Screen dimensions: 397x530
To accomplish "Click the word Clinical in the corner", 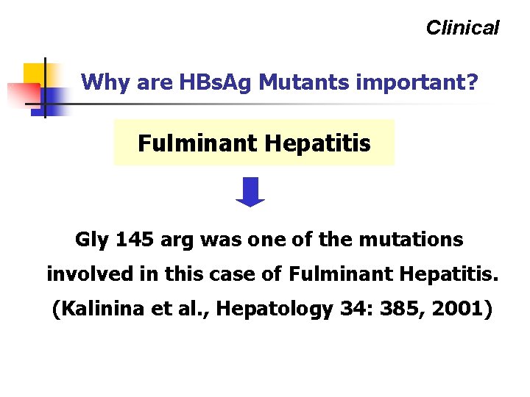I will click(x=462, y=28).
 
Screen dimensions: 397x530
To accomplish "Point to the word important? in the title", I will click(x=417, y=82).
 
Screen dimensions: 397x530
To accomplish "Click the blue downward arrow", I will click(x=250, y=192).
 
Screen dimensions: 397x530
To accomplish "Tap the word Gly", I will click(x=91, y=240).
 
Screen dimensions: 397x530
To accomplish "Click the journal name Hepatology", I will click(x=276, y=310).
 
